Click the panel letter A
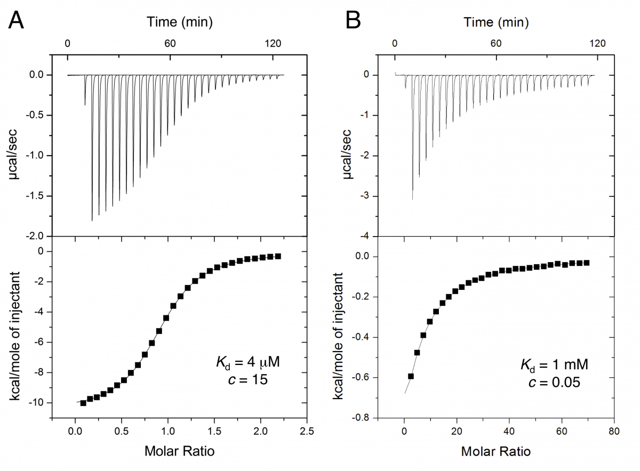pos(15,20)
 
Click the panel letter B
pos(353,20)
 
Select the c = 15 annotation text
pos(247,379)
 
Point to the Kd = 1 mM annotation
pos(554,365)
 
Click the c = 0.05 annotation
pos(554,382)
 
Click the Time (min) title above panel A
pos(180,22)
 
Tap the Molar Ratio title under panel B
pos(495,451)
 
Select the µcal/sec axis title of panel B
pos(347,154)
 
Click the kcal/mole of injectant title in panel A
pos(14,336)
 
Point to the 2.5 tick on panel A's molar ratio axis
pos(307,431)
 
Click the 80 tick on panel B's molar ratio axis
pos(614,431)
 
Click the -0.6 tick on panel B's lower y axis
pos(362,377)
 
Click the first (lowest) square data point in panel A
pos(83,403)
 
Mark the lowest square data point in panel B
pos(411,376)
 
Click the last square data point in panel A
pos(278,256)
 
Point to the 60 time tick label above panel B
pos(496,43)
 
